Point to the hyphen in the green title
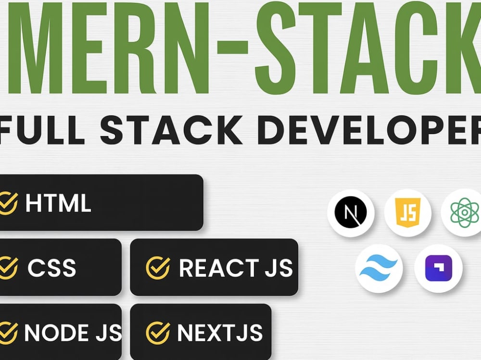pos(232,48)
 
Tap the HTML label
pos(58,203)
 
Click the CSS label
pos(51,268)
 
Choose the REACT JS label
pos(236,268)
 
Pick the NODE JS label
pos(73,333)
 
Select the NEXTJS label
pos(220,333)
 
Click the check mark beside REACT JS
pos(158,267)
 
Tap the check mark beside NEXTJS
pos(158,333)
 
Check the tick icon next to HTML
pos(8,203)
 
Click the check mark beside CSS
pos(8,267)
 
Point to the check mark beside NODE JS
pos(8,333)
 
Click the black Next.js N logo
pos(351,212)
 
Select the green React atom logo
pos(465,212)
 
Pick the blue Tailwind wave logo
pos(379,268)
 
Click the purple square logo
pos(438,268)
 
